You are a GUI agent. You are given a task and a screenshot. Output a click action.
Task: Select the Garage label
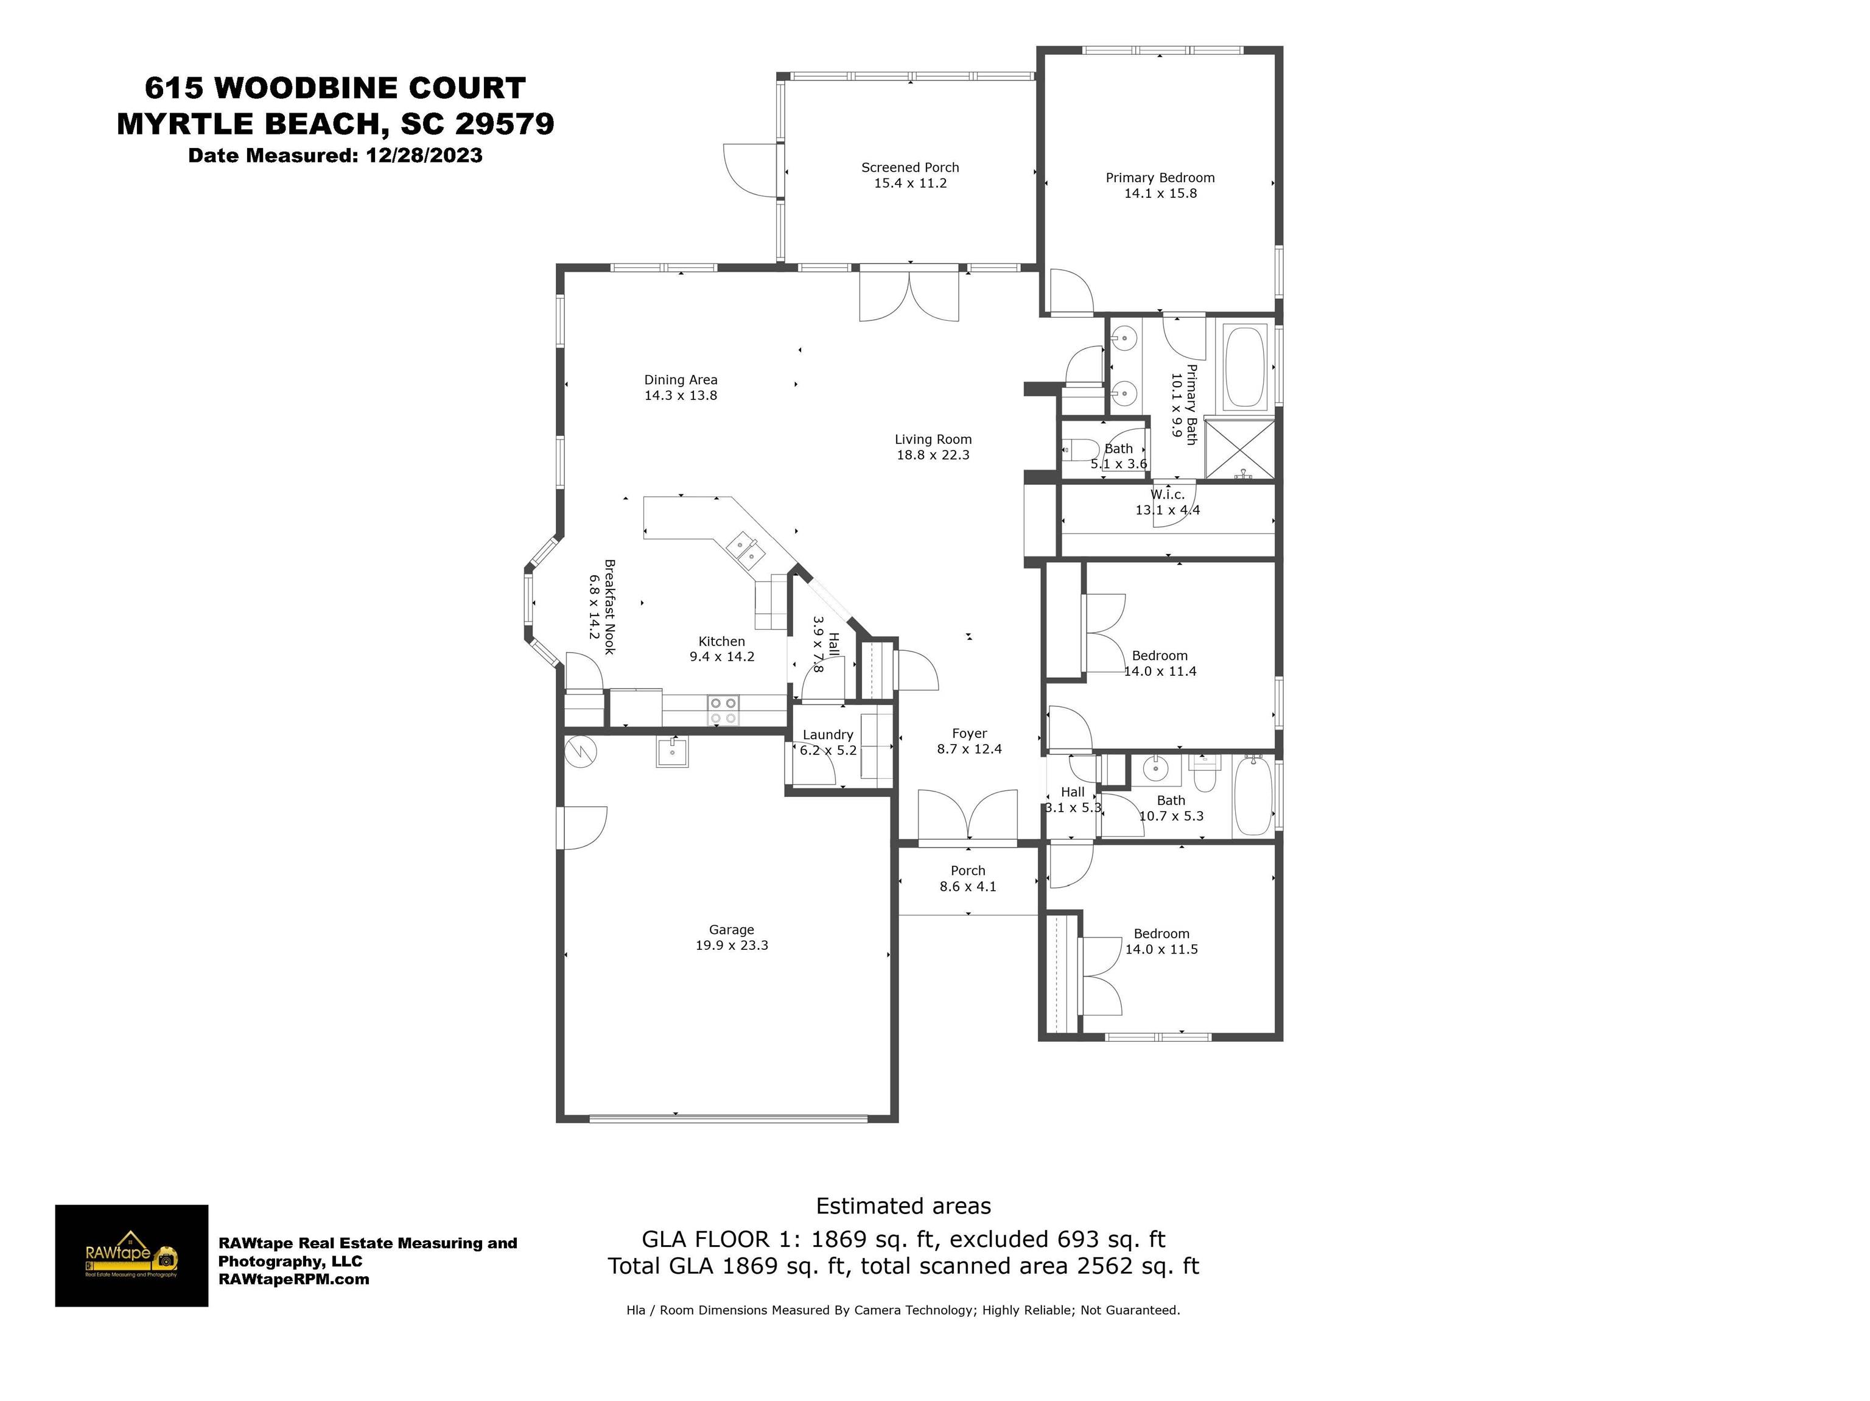[731, 930]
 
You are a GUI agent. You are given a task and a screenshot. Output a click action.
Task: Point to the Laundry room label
[828, 735]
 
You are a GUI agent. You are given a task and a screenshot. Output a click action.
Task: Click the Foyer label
[969, 734]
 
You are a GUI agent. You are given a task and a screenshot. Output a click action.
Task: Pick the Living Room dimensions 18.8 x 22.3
[933, 455]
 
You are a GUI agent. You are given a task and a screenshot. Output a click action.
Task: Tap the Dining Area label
[681, 380]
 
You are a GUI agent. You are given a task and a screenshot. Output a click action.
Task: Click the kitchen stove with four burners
[723, 710]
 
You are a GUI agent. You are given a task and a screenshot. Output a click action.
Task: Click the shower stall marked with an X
[1239, 449]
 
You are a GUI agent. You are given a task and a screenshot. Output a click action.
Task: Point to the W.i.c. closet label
[1167, 494]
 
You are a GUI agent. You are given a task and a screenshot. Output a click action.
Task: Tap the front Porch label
[968, 871]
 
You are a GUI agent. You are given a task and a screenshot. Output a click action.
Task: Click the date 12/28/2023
[424, 156]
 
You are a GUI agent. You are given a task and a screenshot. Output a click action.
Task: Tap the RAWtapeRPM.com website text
[293, 1279]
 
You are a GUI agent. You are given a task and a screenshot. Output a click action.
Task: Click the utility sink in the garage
[672, 751]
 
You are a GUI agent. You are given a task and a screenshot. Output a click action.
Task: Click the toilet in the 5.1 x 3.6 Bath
[1081, 449]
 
